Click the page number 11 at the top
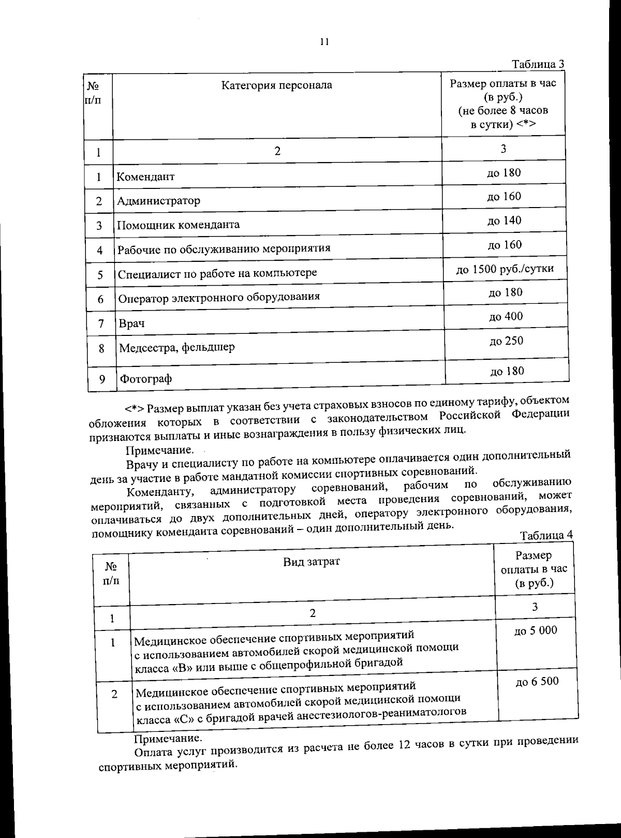coord(324,42)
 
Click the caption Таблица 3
coord(537,65)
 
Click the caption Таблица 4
coord(546,535)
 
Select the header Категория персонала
coord(277,85)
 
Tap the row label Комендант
coord(145,177)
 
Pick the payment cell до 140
coord(504,220)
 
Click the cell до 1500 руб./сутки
coord(505,269)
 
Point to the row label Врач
coord(131,324)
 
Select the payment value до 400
coord(506,316)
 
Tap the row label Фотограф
coord(145,379)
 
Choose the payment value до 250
coord(506,341)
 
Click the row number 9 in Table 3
coord(102,379)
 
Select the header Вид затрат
coord(312,562)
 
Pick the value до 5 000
coord(536,630)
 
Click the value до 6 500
coord(537,682)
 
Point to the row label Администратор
coord(158,201)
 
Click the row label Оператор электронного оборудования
coord(219,297)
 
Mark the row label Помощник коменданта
coord(178,225)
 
